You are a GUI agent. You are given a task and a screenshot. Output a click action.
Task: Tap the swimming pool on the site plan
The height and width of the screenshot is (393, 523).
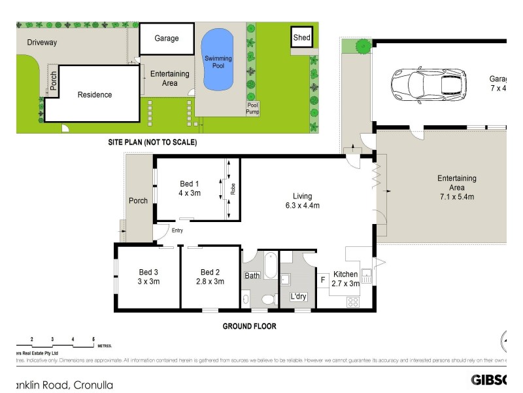point(217,60)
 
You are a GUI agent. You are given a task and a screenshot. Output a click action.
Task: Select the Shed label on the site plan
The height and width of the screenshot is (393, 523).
point(301,38)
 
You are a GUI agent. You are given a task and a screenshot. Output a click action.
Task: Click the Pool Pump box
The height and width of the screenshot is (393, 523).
point(252,109)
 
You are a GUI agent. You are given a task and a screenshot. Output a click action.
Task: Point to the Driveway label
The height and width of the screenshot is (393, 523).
point(42,43)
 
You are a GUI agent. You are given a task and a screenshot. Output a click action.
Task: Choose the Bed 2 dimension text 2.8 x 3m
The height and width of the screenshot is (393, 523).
point(211,282)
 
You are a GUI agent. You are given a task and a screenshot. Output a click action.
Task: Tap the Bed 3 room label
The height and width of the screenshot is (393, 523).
point(148,272)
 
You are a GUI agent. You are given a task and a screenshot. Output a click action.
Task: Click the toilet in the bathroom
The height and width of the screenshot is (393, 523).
point(267,299)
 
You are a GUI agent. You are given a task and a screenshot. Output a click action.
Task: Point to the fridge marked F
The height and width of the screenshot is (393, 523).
point(323,280)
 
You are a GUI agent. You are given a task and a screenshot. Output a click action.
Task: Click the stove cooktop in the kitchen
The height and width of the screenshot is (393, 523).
point(353,302)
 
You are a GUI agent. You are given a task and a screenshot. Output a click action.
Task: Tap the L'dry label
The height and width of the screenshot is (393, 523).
point(298,297)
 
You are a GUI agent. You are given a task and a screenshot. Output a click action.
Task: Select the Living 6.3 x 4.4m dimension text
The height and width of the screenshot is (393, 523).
point(302,206)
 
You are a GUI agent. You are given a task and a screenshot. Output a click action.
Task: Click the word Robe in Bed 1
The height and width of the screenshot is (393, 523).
point(233,189)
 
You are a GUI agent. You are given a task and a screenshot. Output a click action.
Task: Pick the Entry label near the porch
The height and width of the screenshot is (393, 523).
point(177,230)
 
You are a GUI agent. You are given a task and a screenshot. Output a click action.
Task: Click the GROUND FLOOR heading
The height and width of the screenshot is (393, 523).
point(250,326)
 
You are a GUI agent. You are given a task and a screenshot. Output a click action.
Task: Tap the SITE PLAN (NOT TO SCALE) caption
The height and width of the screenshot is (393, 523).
point(152,142)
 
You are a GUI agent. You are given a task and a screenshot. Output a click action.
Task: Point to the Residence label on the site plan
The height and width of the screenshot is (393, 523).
point(95,95)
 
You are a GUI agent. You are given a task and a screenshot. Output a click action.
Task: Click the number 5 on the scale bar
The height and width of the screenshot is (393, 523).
point(93,339)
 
